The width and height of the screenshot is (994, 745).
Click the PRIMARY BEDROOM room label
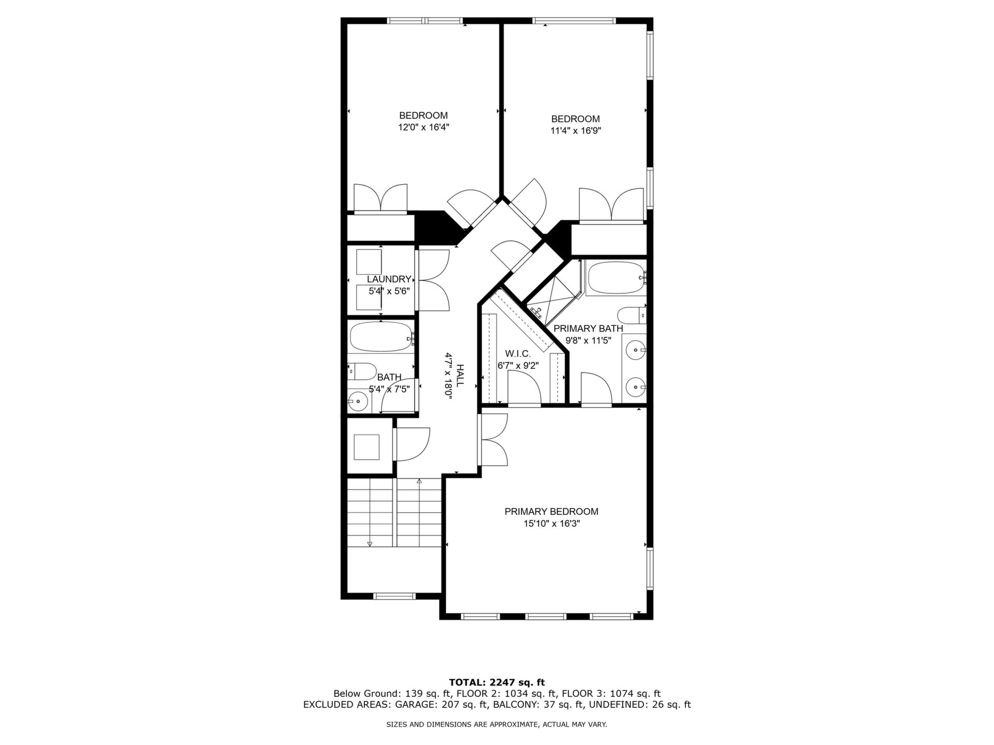(551, 512)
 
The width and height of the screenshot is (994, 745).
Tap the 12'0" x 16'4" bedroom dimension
(423, 127)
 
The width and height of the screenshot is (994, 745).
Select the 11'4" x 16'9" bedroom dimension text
(576, 131)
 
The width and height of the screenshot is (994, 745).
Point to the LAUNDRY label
(389, 279)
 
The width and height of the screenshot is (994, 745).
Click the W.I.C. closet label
(518, 354)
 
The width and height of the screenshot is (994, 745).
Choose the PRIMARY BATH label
(588, 329)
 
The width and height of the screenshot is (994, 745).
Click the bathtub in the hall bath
(382, 337)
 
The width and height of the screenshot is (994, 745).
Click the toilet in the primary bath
(632, 315)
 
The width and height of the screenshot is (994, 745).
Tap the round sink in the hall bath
(357, 400)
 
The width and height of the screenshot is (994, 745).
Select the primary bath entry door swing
(596, 388)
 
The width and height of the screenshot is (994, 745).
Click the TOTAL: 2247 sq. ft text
(496, 682)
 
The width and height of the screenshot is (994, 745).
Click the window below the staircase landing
(394, 596)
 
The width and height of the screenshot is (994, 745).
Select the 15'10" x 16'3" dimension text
(551, 524)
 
